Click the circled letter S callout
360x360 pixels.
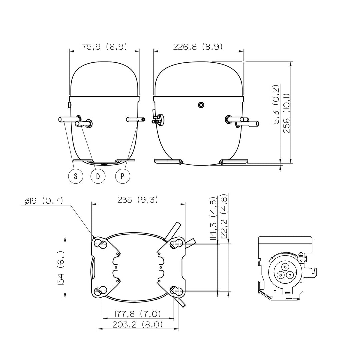76,176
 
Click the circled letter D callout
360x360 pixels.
98,176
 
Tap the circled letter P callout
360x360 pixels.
123,176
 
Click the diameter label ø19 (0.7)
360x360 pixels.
44,201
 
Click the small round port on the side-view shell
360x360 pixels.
201,105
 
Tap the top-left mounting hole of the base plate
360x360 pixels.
100,243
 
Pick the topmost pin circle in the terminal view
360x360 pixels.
285,267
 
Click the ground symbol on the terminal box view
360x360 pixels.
301,254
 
